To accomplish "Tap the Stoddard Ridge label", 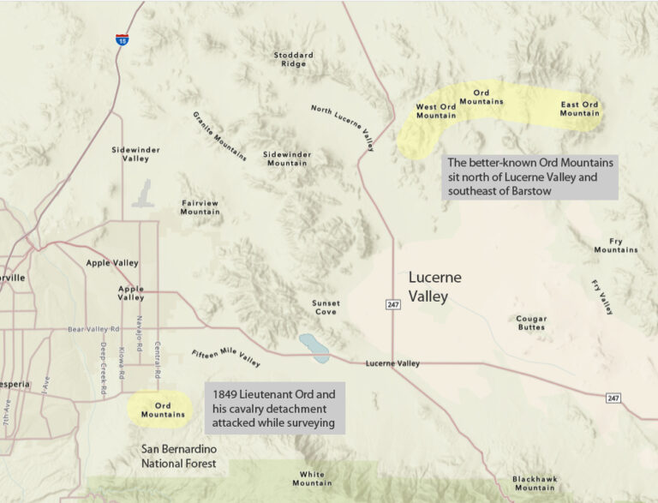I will click(x=294, y=59).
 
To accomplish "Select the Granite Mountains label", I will click(x=219, y=136).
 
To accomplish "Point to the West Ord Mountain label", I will click(x=436, y=111).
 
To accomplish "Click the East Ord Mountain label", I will click(x=580, y=109).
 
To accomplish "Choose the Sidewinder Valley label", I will click(x=136, y=153).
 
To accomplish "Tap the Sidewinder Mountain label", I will click(x=287, y=159).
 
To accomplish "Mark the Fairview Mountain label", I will click(x=200, y=207).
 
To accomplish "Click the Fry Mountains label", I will click(x=616, y=245).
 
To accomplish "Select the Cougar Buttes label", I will click(x=531, y=323).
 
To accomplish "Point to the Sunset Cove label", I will click(x=326, y=308).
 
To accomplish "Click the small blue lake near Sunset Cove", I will click(x=312, y=349).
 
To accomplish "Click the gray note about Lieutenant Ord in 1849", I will click(x=275, y=408).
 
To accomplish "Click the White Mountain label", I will click(x=312, y=478).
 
